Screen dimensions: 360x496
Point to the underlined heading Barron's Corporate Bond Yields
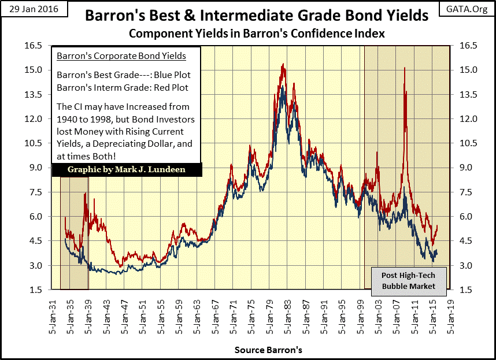tap(121, 56)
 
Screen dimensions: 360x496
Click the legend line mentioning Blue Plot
tap(123, 75)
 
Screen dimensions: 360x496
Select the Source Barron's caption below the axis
tap(268, 350)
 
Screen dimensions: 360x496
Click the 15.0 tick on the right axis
tap(467, 70)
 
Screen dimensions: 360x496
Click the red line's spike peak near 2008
tap(405, 68)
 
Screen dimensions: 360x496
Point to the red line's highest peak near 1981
tap(283, 64)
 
